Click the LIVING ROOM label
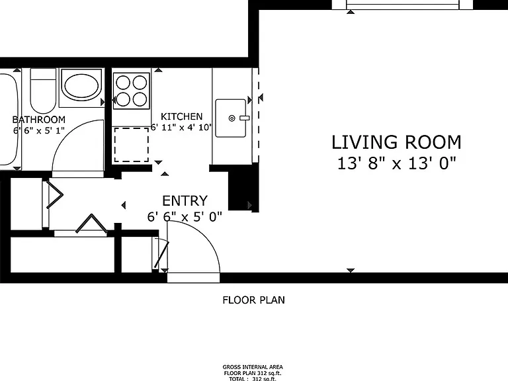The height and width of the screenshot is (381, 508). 396,143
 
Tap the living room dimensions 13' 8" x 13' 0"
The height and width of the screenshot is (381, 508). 397,163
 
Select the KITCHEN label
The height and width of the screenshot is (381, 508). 181,116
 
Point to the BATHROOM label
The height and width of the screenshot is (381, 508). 39,120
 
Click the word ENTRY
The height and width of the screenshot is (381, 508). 185,201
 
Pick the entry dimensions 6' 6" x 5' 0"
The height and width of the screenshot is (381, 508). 185,216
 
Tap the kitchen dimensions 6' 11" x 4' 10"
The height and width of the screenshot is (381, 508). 181,127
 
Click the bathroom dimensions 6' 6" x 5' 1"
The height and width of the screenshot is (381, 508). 39,130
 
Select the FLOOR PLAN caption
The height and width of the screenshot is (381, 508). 254,300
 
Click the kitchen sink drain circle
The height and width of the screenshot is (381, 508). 232,118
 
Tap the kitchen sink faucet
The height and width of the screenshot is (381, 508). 244,118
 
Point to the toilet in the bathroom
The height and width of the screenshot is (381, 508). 43,90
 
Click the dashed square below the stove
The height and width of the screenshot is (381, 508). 131,145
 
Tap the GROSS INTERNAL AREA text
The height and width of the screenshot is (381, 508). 253,367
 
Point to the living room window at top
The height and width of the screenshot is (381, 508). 403,5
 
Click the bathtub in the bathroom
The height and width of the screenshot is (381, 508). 9,119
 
